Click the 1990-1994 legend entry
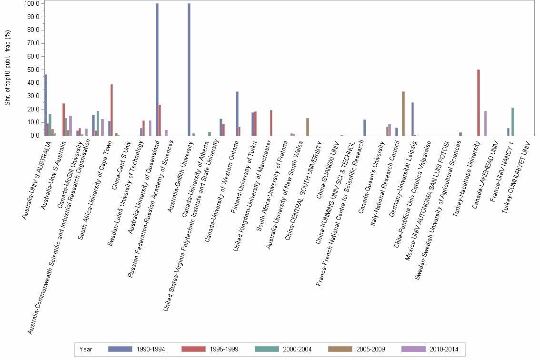click(x=136, y=349)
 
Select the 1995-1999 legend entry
click(x=209, y=349)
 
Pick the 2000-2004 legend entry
click(x=282, y=349)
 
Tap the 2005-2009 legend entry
click(x=356, y=349)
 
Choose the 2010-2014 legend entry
click(x=429, y=349)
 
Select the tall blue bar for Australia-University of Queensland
click(x=157, y=70)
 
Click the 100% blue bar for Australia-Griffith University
click(x=189, y=70)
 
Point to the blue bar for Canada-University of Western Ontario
click(x=237, y=113)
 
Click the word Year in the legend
click(x=86, y=349)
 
